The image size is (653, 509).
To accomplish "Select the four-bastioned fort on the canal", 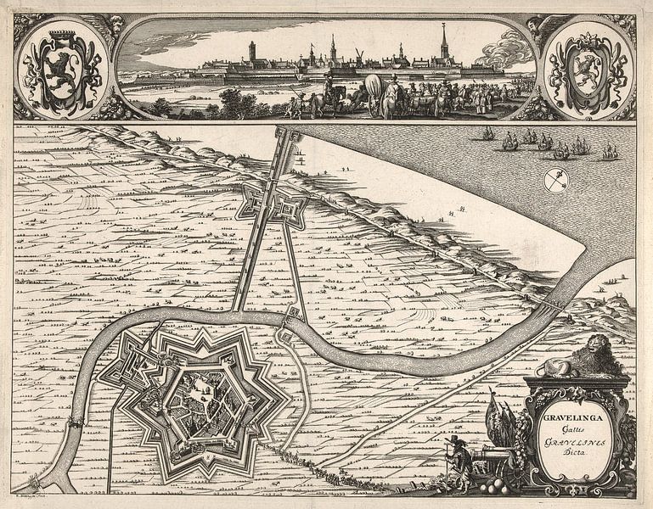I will [x=271, y=202].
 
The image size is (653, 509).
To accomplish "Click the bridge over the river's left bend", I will [x=78, y=422].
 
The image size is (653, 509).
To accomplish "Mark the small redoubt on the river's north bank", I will [x=293, y=316].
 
